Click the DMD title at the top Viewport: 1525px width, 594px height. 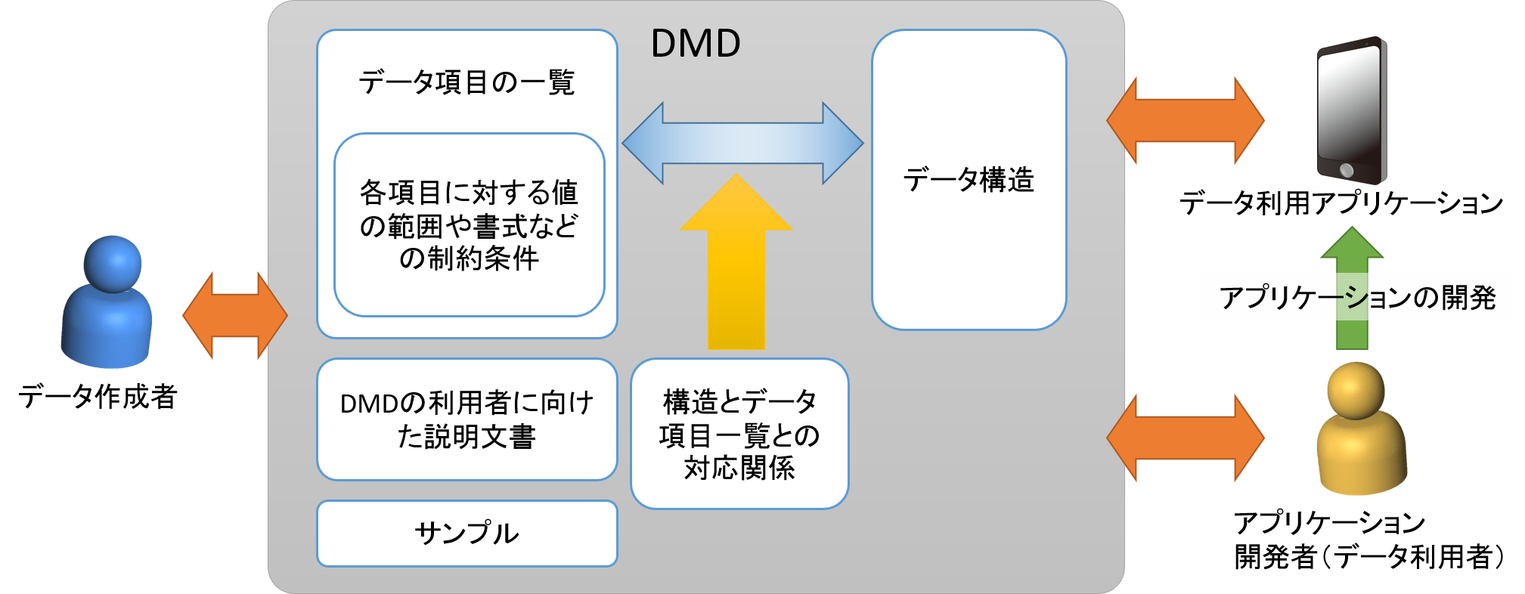click(x=696, y=44)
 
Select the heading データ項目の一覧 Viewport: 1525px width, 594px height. click(x=466, y=82)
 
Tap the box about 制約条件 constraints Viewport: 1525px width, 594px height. click(x=469, y=225)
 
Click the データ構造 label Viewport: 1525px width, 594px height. click(x=969, y=180)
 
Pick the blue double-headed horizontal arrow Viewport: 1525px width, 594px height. click(x=742, y=143)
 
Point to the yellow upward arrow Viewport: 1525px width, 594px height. click(x=736, y=265)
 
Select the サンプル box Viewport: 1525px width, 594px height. click(x=466, y=534)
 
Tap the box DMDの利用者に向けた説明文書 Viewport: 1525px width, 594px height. click(x=466, y=419)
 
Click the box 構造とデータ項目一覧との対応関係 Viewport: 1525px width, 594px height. click(x=739, y=435)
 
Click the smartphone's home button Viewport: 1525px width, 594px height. click(x=1346, y=170)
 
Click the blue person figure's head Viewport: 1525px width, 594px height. click(x=112, y=263)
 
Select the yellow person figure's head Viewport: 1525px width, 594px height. click(x=1356, y=389)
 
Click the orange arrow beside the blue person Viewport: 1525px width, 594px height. click(x=234, y=316)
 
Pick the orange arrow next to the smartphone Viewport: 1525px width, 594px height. click(x=1185, y=120)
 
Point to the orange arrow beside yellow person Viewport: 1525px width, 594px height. click(x=1185, y=438)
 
